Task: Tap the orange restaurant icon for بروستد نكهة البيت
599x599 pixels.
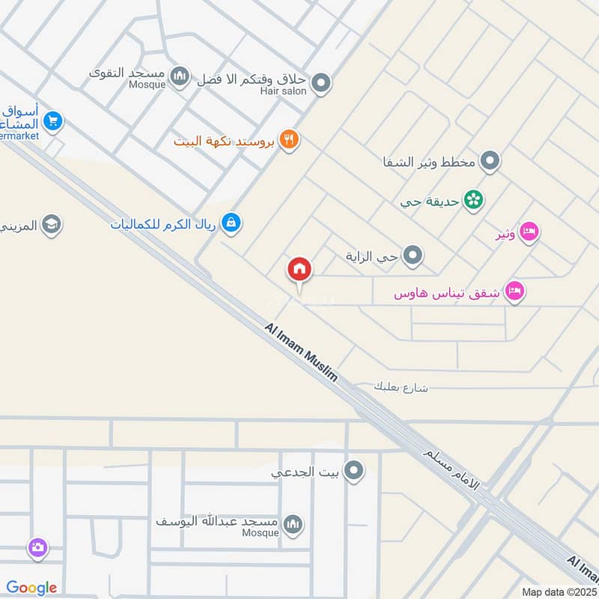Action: [x=290, y=140]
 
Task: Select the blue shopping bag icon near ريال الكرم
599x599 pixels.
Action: [x=231, y=223]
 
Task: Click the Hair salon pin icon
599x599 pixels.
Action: [x=321, y=82]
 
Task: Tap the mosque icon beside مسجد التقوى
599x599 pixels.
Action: [x=179, y=76]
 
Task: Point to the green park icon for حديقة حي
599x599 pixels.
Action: [x=473, y=200]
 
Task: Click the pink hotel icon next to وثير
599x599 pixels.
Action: [x=529, y=233]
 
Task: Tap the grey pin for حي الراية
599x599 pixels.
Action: [x=413, y=258]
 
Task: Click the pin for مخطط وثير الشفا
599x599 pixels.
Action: [x=490, y=161]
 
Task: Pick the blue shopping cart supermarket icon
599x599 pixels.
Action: [x=52, y=121]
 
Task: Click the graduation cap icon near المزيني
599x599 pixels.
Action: [x=51, y=225]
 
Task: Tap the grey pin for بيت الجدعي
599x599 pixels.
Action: [x=354, y=471]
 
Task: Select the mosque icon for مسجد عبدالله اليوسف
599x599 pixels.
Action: [x=293, y=523]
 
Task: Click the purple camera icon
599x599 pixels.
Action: [x=37, y=548]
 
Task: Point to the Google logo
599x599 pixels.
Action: [x=31, y=588]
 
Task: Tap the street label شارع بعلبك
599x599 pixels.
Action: [x=404, y=387]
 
